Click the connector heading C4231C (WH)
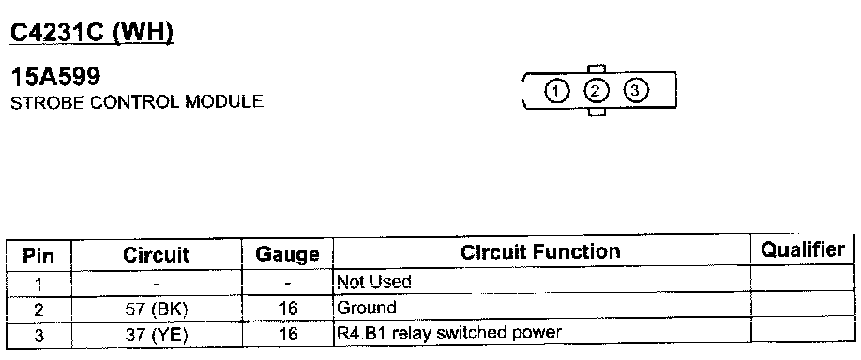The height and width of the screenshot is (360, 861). pos(92,34)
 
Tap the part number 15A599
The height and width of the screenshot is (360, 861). pos(55,77)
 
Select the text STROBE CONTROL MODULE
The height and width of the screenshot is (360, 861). pos(137,102)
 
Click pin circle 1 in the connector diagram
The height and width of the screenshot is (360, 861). pos(557,91)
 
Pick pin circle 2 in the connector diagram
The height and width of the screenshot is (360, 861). pos(596,91)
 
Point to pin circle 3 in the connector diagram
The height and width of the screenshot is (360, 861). pos(635,90)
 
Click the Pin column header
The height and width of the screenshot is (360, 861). pos(38,256)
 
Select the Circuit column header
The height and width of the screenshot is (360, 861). pos(156,255)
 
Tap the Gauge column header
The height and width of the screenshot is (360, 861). pos(287,254)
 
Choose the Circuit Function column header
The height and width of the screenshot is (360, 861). pos(540,252)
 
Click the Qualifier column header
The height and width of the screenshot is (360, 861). pos(802,250)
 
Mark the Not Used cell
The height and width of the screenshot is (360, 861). pos(373,282)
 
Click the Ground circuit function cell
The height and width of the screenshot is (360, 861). pos(367,307)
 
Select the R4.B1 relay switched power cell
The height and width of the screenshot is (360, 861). pos(448,333)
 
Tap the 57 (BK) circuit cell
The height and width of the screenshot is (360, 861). pos(157,309)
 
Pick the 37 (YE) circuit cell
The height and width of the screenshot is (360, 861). pos(157,335)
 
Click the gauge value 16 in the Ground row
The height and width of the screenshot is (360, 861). pos(287,308)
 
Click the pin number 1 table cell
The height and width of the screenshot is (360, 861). pos(38,285)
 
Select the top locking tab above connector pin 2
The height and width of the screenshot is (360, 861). pos(597,68)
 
